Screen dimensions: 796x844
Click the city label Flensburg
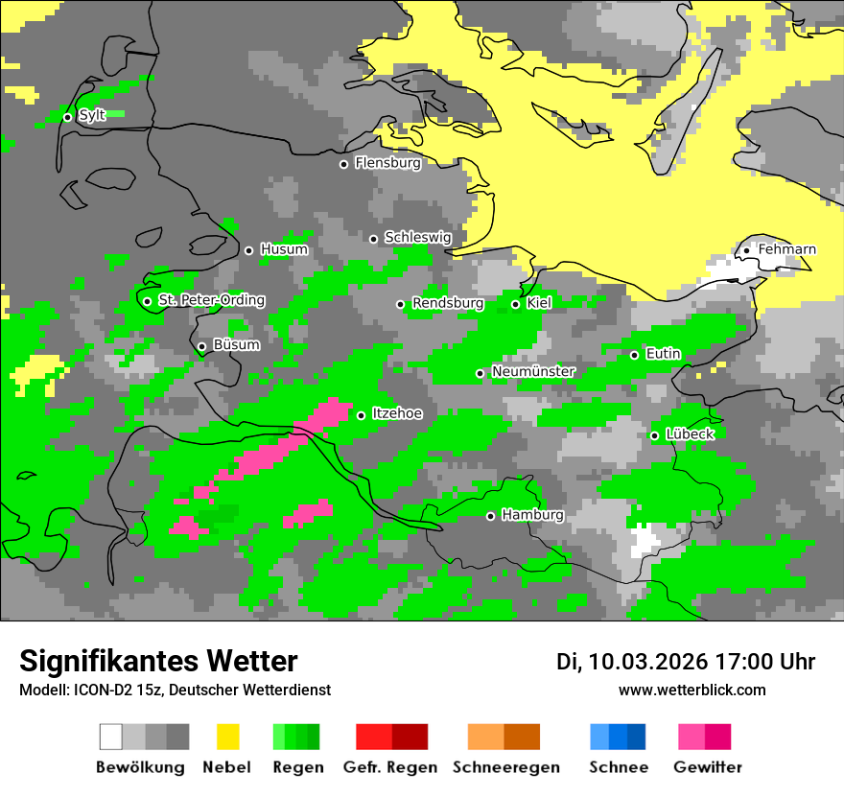pyautogui.click(x=387, y=163)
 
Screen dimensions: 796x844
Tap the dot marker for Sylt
pyautogui.click(x=67, y=117)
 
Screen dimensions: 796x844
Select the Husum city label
pyautogui.click(x=284, y=249)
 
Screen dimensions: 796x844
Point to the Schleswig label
pyautogui.click(x=417, y=237)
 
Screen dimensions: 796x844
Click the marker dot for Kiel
pyautogui.click(x=515, y=304)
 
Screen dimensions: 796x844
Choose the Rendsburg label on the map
pyautogui.click(x=447, y=303)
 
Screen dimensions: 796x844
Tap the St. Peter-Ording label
pyautogui.click(x=211, y=300)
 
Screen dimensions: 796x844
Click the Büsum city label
pyautogui.click(x=236, y=344)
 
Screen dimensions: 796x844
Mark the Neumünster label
pyautogui.click(x=533, y=371)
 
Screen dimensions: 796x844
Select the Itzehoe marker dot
pyautogui.click(x=361, y=415)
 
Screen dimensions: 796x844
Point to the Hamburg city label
pyautogui.click(x=532, y=515)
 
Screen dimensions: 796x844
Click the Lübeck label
pyautogui.click(x=690, y=434)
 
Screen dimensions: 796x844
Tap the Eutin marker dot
pyautogui.click(x=634, y=355)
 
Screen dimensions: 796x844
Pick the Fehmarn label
pyautogui.click(x=786, y=249)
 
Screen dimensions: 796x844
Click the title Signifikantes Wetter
pyautogui.click(x=158, y=662)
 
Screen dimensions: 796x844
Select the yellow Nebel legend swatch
pyautogui.click(x=228, y=737)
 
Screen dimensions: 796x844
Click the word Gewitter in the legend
pyautogui.click(x=708, y=767)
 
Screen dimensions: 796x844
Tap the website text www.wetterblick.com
pyautogui.click(x=692, y=690)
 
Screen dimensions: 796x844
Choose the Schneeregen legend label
pyautogui.click(x=506, y=767)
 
